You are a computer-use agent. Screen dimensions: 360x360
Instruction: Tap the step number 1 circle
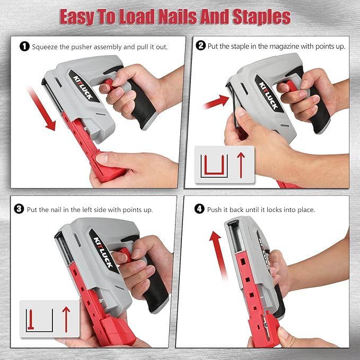point(24,47)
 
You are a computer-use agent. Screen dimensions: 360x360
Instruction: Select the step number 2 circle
point(200,46)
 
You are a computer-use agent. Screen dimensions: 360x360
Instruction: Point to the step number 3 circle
point(20,209)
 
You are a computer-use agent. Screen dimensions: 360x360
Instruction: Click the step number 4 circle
point(199,209)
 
